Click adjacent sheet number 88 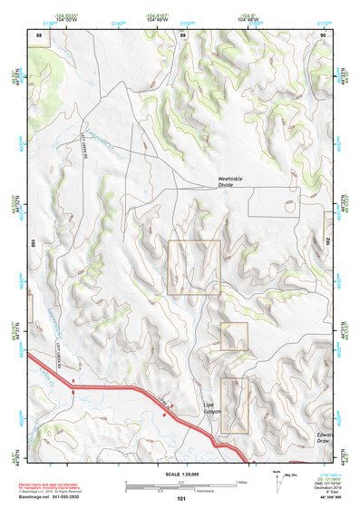pos(38,34)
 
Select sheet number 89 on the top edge pos(182,34)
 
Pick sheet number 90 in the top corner pos(324,34)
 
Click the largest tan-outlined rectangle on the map pos(194,268)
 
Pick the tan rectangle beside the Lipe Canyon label pos(234,405)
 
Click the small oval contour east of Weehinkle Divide pos(289,206)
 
